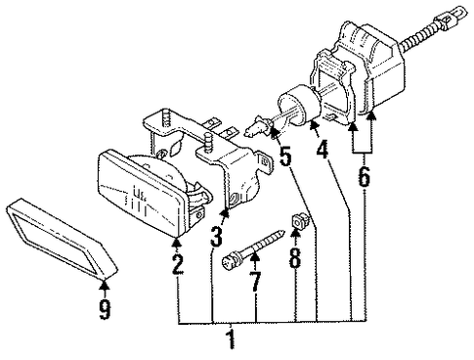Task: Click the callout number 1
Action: tap(231, 339)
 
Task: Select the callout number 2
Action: tap(178, 264)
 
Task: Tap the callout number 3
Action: tap(216, 237)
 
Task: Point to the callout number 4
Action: tap(322, 150)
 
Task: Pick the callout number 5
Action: tap(285, 156)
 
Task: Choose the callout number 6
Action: tap(364, 176)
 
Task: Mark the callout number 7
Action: tap(255, 282)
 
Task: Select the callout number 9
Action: tap(105, 309)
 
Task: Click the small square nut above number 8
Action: tap(297, 220)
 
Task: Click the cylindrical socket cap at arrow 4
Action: tap(298, 104)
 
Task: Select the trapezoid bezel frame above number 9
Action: tap(62, 239)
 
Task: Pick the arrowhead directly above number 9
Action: tap(105, 285)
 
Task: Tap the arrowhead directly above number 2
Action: tap(177, 242)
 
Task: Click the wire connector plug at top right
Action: tap(452, 16)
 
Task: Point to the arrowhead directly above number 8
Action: tap(295, 233)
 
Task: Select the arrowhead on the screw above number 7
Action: tap(255, 257)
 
